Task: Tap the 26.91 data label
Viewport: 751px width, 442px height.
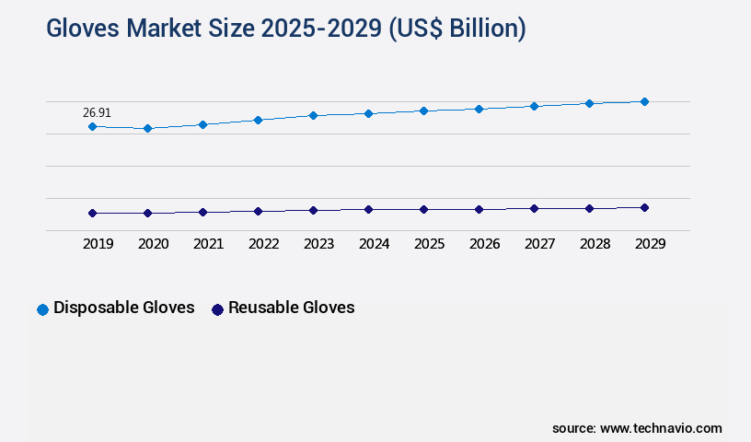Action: click(97, 112)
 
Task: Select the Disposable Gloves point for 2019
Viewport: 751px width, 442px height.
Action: click(92, 126)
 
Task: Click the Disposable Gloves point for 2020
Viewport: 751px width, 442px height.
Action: click(147, 128)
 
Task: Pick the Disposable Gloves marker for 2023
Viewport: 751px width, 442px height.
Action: click(313, 115)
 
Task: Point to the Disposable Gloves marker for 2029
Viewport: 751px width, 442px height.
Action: click(644, 101)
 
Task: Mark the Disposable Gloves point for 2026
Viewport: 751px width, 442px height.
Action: click(479, 109)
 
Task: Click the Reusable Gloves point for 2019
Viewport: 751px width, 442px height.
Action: click(92, 213)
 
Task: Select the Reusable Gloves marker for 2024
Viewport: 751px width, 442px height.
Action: click(368, 209)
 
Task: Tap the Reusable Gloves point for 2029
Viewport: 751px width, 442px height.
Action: click(644, 207)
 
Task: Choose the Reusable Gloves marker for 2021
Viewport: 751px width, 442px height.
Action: click(202, 212)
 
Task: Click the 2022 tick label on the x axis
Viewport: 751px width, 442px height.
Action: click(263, 244)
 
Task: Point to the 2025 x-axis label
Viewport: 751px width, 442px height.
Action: click(429, 244)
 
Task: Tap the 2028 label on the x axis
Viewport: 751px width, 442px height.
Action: click(595, 244)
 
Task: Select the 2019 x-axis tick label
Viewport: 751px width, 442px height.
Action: click(98, 244)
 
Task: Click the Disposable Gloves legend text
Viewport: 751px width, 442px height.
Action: click(124, 308)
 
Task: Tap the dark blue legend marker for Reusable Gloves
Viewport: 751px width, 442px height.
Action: click(218, 309)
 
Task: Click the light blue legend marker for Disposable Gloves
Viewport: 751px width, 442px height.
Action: click(42, 309)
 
